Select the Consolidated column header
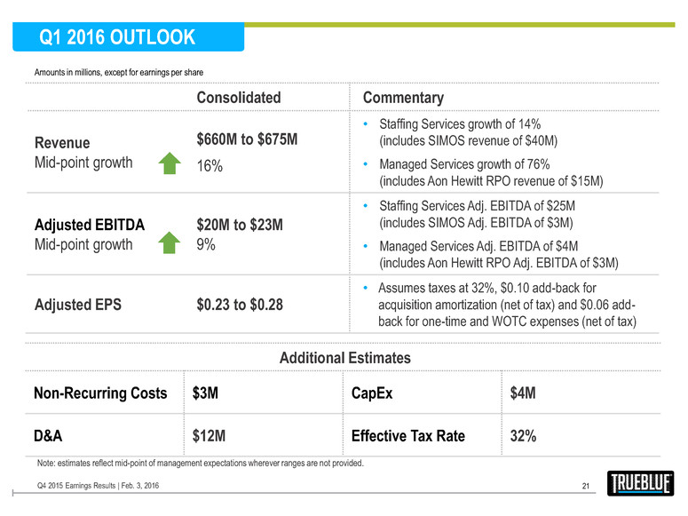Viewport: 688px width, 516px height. coord(238,98)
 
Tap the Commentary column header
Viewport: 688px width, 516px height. coord(403,98)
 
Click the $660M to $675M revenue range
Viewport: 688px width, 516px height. coord(246,140)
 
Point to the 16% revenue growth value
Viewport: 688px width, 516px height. coord(210,165)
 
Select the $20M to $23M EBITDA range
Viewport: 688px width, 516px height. coord(239,226)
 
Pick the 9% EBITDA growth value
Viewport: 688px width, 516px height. coord(205,242)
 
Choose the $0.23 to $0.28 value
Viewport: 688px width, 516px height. coord(239,305)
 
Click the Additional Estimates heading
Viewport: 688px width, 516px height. coord(345,358)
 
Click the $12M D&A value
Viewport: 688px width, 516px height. coord(210,436)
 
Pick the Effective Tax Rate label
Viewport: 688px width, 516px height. coord(407,436)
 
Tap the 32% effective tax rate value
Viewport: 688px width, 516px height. coord(522,436)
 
